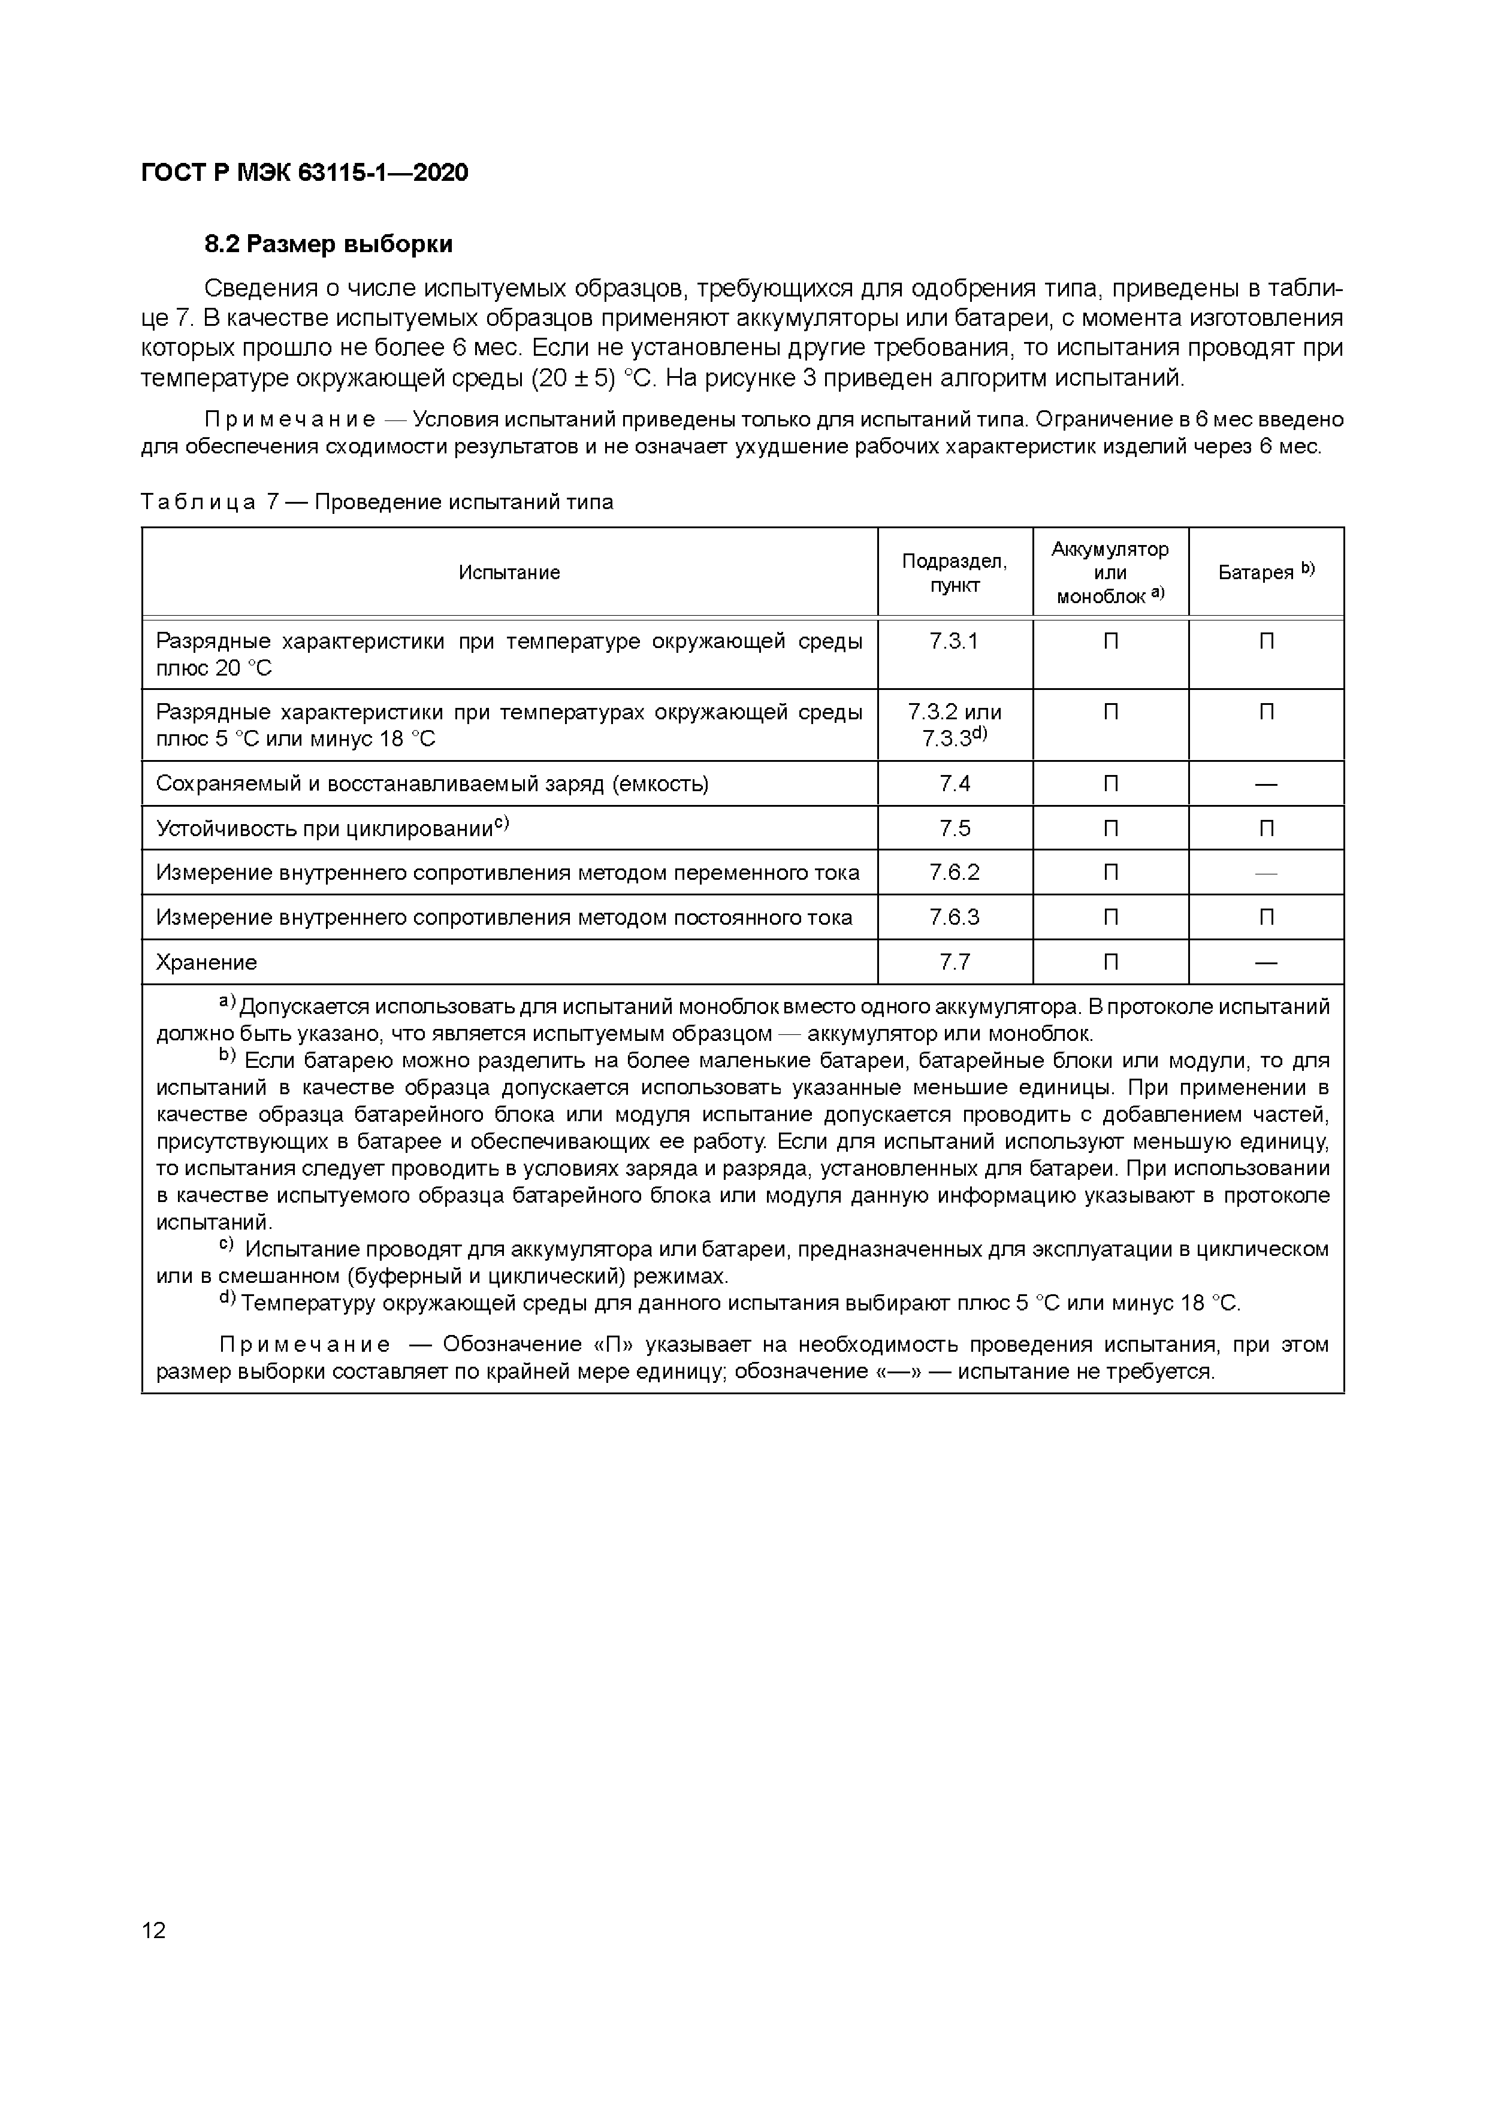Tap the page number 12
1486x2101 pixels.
tap(154, 1931)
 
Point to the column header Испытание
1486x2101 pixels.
tap(509, 572)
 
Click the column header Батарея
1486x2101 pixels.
tap(1265, 572)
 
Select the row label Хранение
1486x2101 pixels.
tap(207, 962)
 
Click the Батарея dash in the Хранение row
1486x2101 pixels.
tap(1265, 962)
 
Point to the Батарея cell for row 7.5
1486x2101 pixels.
tap(1265, 828)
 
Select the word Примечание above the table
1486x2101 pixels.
tap(289, 420)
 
